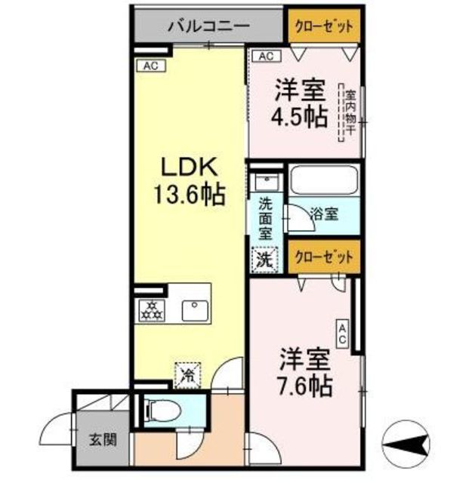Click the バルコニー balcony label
tap(208, 26)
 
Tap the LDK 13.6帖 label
tap(189, 182)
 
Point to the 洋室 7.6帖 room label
tap(304, 372)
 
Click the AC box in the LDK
tap(151, 66)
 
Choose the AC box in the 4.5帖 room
tap(267, 57)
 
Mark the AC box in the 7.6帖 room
tap(343, 334)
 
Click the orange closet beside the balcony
tap(324, 26)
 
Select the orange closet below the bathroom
tap(324, 257)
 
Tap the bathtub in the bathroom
tap(324, 181)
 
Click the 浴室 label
tap(325, 214)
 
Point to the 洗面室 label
tap(265, 218)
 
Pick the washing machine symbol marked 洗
tap(265, 260)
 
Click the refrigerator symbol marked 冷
tap(188, 375)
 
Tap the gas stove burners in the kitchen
tap(151, 310)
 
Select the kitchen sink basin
tap(195, 311)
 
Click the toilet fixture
tap(164, 411)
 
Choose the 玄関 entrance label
tap(103, 440)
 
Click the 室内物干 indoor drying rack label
tap(350, 112)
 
